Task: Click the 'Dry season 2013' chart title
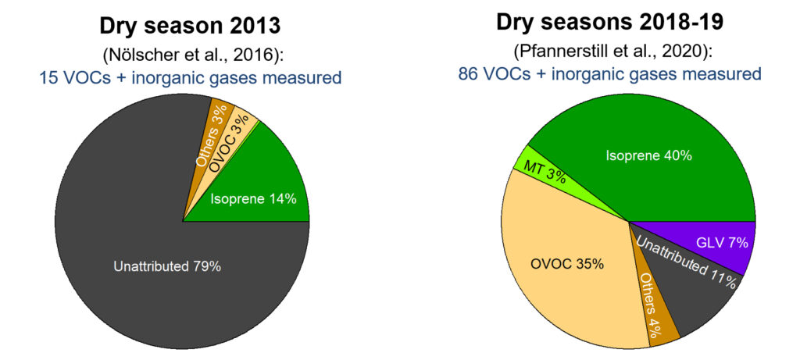[190, 25]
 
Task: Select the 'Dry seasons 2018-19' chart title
[609, 21]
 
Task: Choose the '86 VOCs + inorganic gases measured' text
[609, 74]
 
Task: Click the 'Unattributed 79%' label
[167, 266]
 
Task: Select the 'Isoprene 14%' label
[253, 198]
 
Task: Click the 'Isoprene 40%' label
[648, 155]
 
